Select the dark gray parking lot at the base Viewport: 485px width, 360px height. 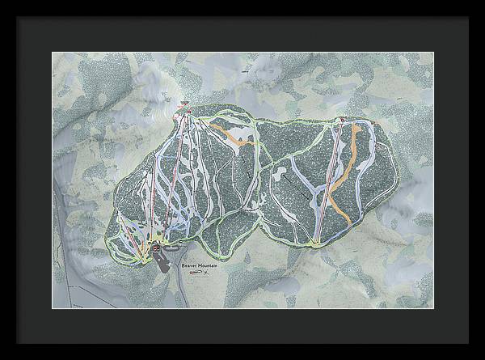coord(164,260)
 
